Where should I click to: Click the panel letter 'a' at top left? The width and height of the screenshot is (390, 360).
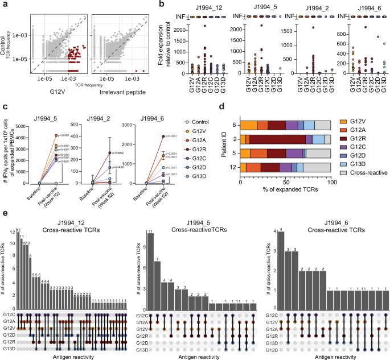coord(4,5)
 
